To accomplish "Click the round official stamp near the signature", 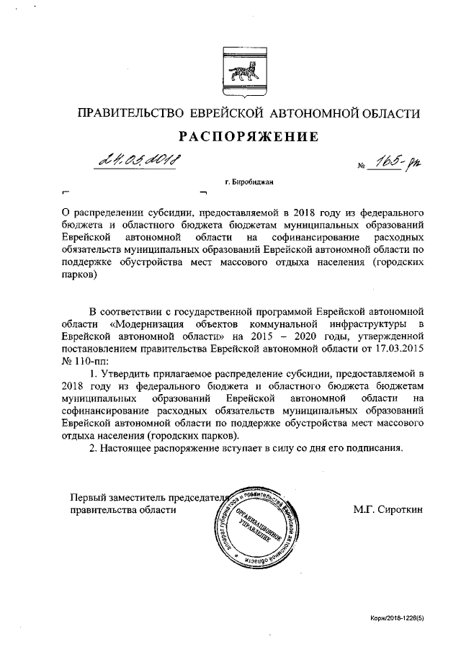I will (249, 530).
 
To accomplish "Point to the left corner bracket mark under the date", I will (65, 193).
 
